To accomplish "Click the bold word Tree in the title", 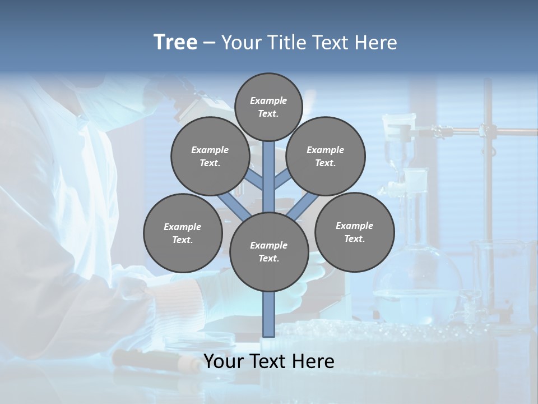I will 175,43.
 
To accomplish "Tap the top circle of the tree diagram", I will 268,107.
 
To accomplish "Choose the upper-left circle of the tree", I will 210,156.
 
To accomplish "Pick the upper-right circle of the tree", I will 326,156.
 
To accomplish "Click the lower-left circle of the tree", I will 183,233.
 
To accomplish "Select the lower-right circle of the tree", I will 354,232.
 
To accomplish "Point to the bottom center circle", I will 268,251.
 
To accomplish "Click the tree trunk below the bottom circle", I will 268,314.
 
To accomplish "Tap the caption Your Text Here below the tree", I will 268,361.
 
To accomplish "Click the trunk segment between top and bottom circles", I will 268,168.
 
